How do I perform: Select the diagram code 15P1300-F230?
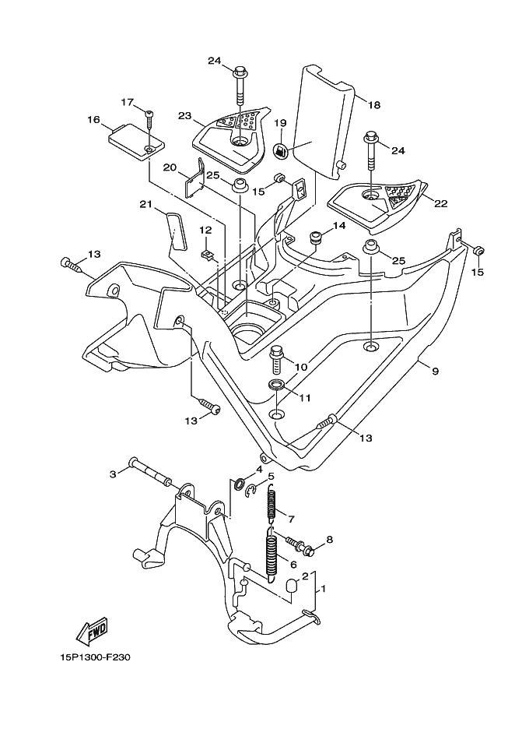tap(95, 657)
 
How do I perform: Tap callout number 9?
tap(435, 372)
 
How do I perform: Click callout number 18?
tap(373, 104)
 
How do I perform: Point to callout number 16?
tap(94, 120)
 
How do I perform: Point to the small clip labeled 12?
tap(206, 253)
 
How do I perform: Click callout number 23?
tap(184, 116)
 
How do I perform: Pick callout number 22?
tap(440, 204)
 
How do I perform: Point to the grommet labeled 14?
tap(316, 237)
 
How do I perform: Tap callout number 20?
tap(170, 167)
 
